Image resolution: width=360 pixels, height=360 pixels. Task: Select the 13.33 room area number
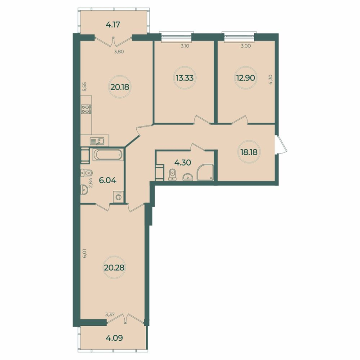click(184, 77)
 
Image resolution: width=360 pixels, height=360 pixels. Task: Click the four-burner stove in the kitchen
click(85, 108)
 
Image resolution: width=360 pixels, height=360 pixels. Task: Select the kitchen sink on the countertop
click(97, 140)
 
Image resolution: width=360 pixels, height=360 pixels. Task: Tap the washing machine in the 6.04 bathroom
click(119, 197)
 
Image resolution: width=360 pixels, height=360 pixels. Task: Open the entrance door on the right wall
click(280, 144)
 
